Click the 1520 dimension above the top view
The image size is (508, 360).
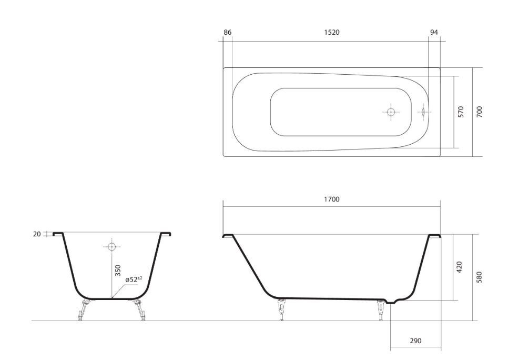pos(331,32)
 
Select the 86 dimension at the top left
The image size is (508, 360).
pos(227,32)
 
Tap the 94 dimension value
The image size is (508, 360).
pos(434,32)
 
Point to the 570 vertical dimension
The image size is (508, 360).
pos(461,112)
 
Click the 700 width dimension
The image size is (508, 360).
pos(479,112)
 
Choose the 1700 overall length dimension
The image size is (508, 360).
pos(331,199)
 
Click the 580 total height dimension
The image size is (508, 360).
pos(479,277)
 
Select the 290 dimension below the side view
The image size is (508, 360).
pos(415,341)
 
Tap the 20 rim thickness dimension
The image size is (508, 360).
pos(37,234)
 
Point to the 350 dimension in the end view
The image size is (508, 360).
pos(117,271)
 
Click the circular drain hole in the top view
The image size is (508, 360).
pos(391,112)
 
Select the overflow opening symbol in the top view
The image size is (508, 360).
pos(422,112)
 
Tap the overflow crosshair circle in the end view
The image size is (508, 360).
pos(111,246)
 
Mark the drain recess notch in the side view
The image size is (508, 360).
pos(391,302)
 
